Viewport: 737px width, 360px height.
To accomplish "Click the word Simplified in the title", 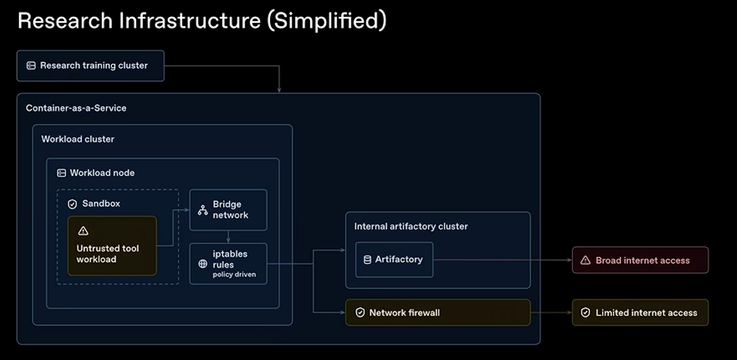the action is coord(330,20).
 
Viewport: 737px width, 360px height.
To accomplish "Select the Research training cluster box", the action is coord(91,66).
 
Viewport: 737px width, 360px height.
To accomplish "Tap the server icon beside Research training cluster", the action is coord(31,65).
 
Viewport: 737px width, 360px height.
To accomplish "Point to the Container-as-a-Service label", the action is coord(76,108).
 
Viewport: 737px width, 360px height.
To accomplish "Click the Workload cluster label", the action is coord(77,139).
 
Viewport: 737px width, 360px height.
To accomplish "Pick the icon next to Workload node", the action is coord(62,173).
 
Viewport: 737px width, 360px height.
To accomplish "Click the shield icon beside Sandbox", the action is coord(72,204).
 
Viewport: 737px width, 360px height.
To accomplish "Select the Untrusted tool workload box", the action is coord(112,246).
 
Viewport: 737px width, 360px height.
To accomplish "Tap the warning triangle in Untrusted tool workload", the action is coord(83,231).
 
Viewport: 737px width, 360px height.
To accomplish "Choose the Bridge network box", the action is coord(228,210).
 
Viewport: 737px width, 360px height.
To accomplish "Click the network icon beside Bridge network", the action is coord(202,210).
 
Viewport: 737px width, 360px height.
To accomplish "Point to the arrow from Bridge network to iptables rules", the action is coord(228,236).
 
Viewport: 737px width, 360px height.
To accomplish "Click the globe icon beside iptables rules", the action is coord(202,264).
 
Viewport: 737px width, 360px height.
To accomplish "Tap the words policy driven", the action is coord(234,274).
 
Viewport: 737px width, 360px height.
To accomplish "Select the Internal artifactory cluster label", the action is coord(411,226).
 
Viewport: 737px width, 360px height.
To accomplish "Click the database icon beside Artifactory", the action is coord(367,260).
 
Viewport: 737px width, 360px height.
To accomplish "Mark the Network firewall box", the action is coord(438,312).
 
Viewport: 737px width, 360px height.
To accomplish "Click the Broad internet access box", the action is coord(640,260).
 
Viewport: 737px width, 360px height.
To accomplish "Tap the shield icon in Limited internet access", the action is coord(585,312).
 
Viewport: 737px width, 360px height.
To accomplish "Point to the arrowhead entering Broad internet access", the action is coord(570,260).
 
